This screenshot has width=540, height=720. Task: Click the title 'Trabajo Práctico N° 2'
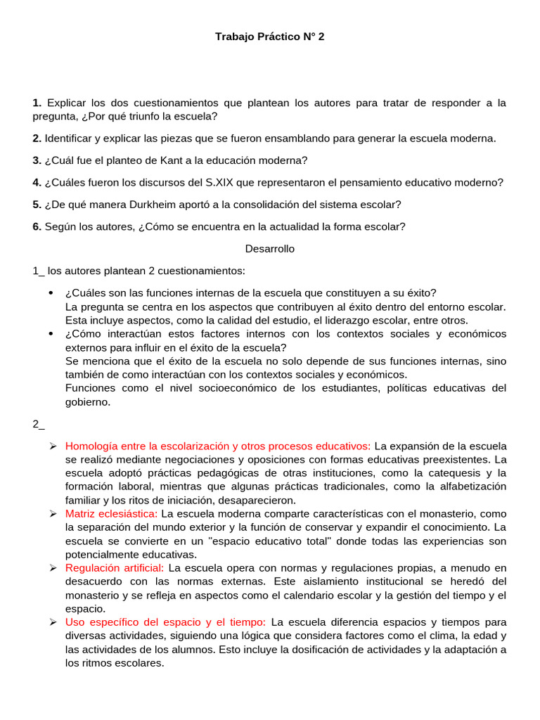(x=270, y=37)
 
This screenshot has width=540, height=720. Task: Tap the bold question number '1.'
(x=37, y=103)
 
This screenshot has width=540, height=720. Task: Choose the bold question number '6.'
(x=37, y=226)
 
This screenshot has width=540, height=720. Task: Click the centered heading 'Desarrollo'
(x=270, y=249)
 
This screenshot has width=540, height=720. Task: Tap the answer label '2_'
(x=39, y=423)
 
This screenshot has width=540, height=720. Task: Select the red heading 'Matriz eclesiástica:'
(x=111, y=513)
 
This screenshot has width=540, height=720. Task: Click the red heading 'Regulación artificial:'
(x=115, y=567)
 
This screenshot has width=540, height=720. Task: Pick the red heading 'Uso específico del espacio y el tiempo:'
(x=165, y=622)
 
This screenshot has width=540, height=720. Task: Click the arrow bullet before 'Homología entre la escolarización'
(x=53, y=446)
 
